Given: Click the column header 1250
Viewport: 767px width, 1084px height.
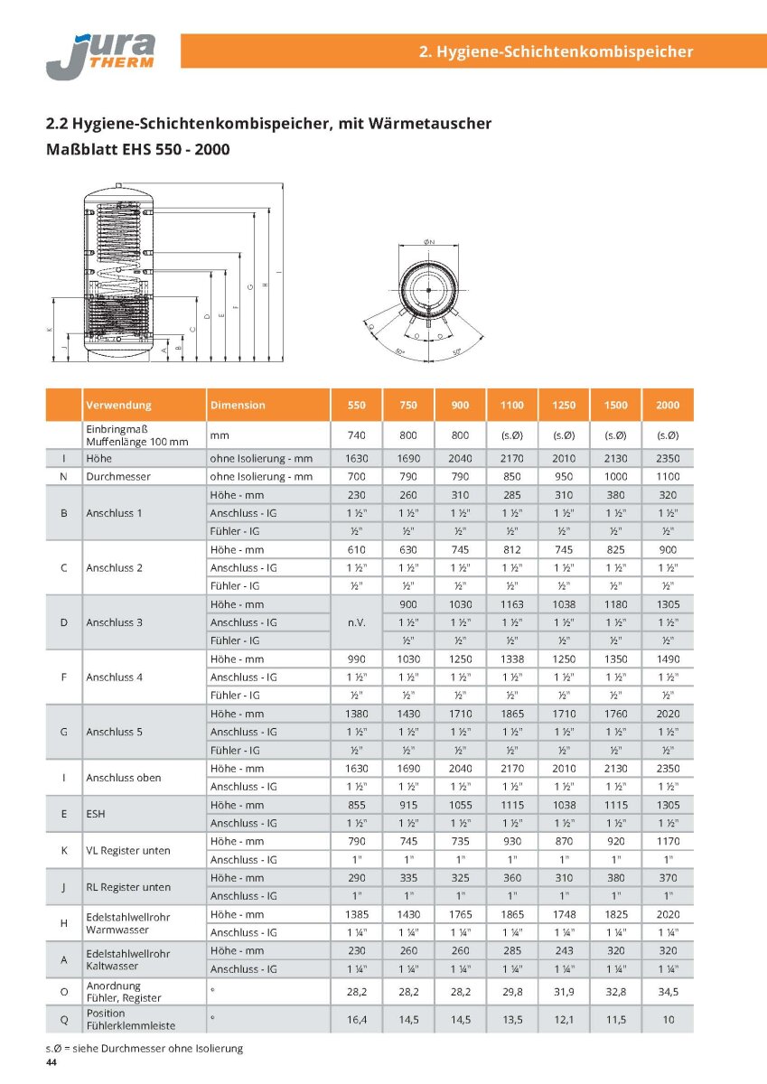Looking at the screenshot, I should point(563,406).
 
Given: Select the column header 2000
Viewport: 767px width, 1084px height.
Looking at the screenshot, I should point(668,406).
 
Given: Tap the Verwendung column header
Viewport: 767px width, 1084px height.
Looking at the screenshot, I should point(118,406).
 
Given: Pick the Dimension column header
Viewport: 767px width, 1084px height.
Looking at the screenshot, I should point(238,406).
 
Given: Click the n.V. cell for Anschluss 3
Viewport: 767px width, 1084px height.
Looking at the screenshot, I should point(355,622).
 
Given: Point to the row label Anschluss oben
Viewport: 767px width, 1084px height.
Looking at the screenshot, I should point(124,778).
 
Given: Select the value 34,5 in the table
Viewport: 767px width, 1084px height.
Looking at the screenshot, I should point(668,992).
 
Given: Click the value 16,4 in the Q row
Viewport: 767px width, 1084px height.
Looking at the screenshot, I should point(355,1019).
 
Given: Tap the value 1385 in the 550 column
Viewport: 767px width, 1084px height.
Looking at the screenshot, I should point(355,914).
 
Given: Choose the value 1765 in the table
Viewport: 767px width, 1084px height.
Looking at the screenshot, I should point(459,914).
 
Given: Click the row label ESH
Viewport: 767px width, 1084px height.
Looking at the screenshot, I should point(96,814).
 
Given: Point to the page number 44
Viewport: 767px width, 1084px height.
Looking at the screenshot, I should point(51,1063).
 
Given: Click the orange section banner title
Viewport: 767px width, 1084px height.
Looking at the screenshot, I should point(557,51).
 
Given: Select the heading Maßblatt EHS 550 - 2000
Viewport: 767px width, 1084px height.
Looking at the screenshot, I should point(137,148).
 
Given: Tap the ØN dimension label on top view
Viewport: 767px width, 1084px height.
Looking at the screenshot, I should point(429,241).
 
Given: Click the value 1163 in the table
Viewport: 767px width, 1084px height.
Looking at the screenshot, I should point(511,604).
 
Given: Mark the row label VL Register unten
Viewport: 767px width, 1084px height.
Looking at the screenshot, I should point(127,850).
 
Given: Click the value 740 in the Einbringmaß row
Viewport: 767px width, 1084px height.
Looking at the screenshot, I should point(355,435).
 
